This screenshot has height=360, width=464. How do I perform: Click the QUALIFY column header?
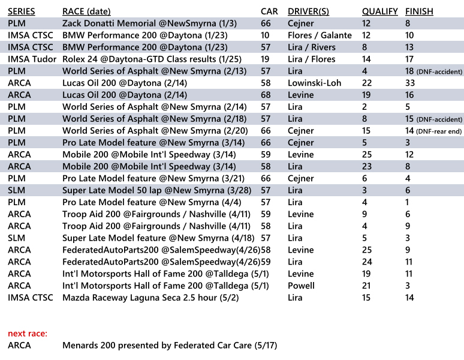click(379, 11)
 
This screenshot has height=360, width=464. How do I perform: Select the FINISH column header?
click(419, 11)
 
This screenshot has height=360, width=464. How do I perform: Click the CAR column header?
click(269, 11)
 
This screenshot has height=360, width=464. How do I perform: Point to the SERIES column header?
click(22, 11)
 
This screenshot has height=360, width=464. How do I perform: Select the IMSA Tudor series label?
click(32, 59)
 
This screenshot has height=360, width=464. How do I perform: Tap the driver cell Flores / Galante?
click(320, 35)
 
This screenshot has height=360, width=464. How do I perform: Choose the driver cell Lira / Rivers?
click(312, 47)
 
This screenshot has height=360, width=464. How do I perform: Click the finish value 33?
click(411, 83)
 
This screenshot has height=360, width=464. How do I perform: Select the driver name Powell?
click(301, 286)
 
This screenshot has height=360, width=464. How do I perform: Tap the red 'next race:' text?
click(28, 333)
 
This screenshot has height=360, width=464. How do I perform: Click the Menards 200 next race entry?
click(170, 345)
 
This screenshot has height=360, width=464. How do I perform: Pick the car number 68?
click(266, 95)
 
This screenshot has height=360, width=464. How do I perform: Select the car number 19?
click(266, 59)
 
